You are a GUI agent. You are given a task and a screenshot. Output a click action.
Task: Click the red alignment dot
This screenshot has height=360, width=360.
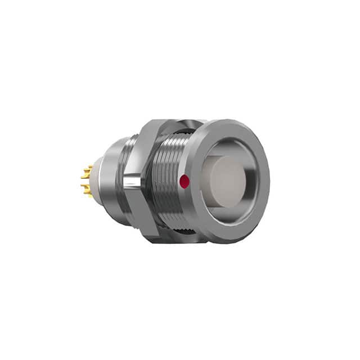click(182, 181)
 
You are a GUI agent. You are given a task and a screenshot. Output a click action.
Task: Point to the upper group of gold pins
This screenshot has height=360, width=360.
click(87, 172)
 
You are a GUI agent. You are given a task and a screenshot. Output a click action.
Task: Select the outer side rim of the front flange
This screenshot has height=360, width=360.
click(194, 186)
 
